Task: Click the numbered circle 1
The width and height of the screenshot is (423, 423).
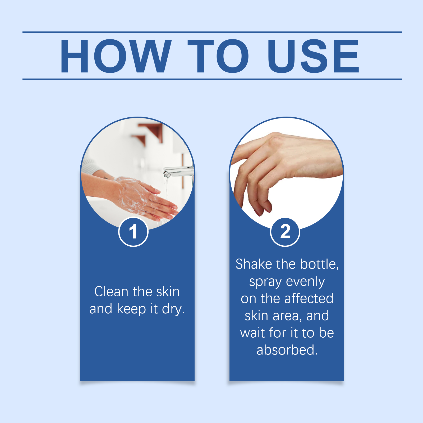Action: (x=133, y=232)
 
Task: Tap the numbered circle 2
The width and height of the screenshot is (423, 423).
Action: (x=285, y=232)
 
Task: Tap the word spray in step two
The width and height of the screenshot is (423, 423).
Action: (x=265, y=282)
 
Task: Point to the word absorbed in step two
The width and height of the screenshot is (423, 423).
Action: (x=287, y=350)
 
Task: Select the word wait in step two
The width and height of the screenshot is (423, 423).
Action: (x=252, y=333)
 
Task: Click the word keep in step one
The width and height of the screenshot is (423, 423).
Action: (x=131, y=309)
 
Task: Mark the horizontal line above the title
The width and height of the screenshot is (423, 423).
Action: (x=212, y=32)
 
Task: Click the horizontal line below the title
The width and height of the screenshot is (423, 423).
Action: (x=212, y=79)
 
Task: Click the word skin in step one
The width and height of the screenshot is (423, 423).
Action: (x=168, y=292)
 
